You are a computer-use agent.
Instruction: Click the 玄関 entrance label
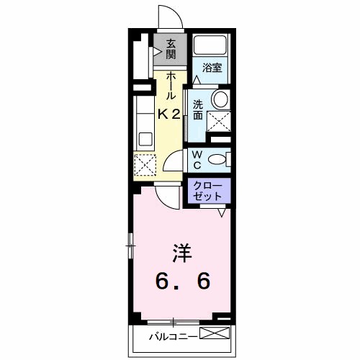(171, 48)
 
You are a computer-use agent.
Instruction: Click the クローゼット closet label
(210, 191)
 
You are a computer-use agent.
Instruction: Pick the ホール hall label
(170, 86)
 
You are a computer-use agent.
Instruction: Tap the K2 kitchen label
(169, 113)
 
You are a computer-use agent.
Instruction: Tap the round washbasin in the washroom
(220, 98)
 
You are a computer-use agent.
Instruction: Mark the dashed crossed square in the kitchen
(145, 165)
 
